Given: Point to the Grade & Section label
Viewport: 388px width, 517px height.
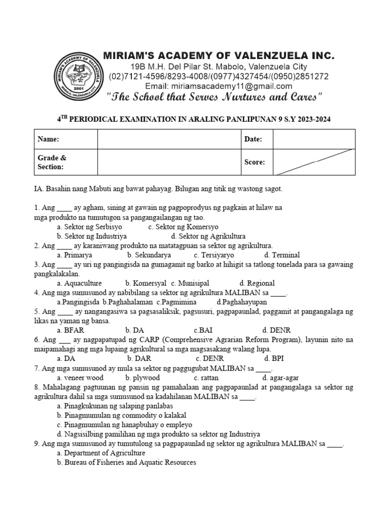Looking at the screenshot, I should point(52,162).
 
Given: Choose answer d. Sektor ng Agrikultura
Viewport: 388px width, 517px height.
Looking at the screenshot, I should point(208,236).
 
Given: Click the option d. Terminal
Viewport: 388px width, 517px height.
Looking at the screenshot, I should point(281,255).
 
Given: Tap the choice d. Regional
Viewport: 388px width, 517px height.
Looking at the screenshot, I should point(257,283).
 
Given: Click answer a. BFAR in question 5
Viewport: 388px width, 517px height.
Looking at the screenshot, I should point(70,330).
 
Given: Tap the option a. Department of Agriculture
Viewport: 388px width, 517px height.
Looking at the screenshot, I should point(101,453).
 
